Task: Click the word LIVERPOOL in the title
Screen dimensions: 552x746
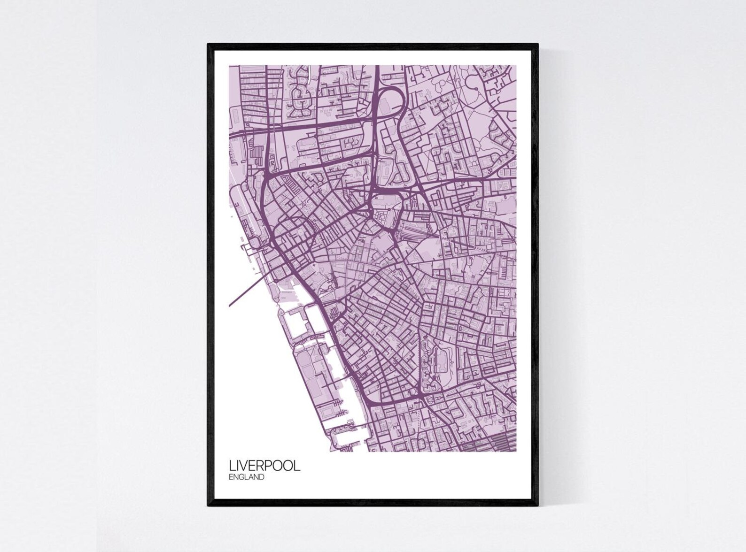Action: (264, 467)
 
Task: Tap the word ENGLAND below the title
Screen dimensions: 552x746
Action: (247, 478)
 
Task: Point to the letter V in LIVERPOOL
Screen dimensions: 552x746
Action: (245, 467)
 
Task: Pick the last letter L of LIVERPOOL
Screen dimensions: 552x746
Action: (297, 467)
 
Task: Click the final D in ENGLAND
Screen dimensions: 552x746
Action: (261, 478)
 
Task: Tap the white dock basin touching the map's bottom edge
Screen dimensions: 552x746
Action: (350, 439)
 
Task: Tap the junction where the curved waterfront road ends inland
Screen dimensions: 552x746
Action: (422, 399)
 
